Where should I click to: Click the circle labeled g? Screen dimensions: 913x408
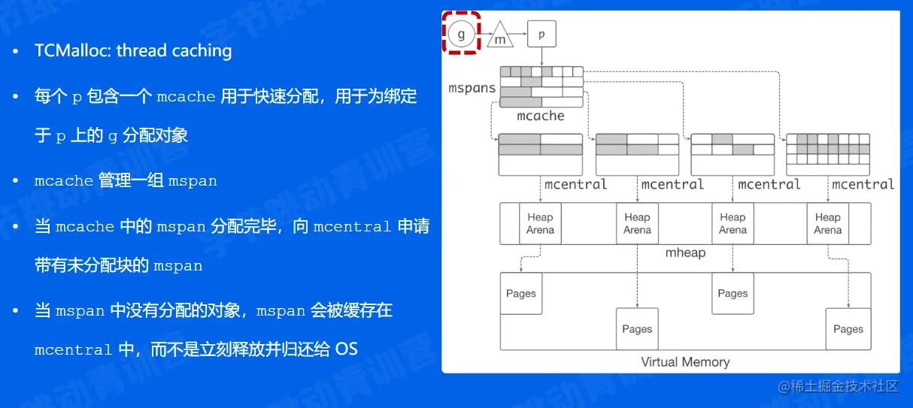coord(462,34)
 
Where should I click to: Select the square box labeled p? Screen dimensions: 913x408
coord(541,34)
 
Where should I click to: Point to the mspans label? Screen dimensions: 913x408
coord(472,88)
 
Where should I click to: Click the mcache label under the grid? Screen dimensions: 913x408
coord(541,116)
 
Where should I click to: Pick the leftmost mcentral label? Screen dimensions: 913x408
coord(576,184)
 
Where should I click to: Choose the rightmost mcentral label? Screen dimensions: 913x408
coord(863,184)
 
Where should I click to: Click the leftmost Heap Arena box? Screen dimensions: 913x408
coord(540,223)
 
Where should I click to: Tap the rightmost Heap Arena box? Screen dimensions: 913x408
coord(827,223)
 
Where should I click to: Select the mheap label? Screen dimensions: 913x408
coord(686,252)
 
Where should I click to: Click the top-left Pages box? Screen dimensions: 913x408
coord(521,293)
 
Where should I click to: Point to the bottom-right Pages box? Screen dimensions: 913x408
coord(848,328)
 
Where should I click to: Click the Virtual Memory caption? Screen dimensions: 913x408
coord(685,361)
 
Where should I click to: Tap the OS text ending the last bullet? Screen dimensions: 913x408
coord(347,349)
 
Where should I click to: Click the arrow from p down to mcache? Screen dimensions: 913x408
coord(541,56)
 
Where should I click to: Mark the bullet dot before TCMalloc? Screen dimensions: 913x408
coord(17,52)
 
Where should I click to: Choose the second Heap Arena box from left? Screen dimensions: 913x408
coord(637,223)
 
